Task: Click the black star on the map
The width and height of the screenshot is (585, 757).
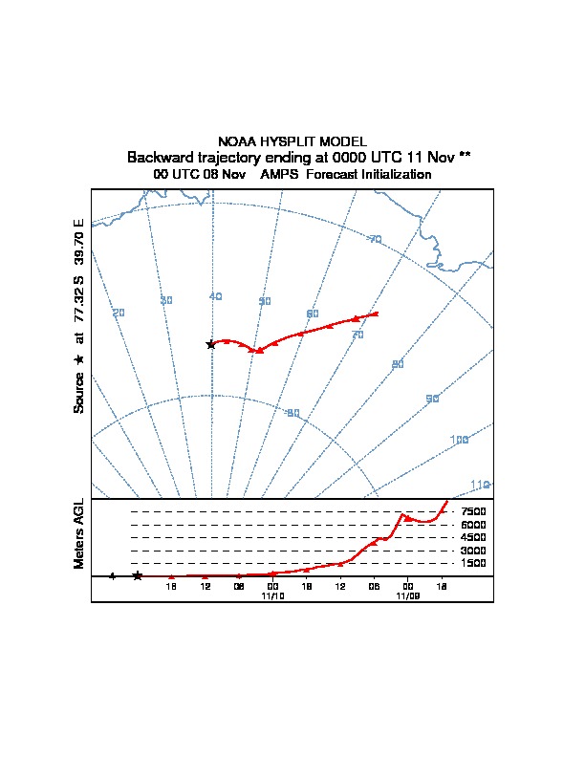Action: tap(211, 344)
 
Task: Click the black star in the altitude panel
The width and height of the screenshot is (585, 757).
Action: tap(138, 575)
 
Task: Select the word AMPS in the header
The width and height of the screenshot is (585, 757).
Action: tap(279, 175)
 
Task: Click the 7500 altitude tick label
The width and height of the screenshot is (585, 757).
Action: tap(473, 511)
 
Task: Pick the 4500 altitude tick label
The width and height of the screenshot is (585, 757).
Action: tap(473, 537)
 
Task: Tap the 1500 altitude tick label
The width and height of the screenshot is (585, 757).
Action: tap(473, 563)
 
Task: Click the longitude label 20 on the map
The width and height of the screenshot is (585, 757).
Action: tap(119, 314)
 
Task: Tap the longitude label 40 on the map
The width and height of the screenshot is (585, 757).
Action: tap(215, 296)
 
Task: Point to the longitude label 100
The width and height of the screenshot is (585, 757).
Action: tap(460, 440)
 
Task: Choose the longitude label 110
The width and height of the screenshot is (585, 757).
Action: tap(480, 486)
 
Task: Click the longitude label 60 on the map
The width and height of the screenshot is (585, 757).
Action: tap(312, 314)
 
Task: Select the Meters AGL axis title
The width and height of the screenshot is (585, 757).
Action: tap(79, 533)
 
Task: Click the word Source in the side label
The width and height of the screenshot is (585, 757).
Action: tap(79, 393)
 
